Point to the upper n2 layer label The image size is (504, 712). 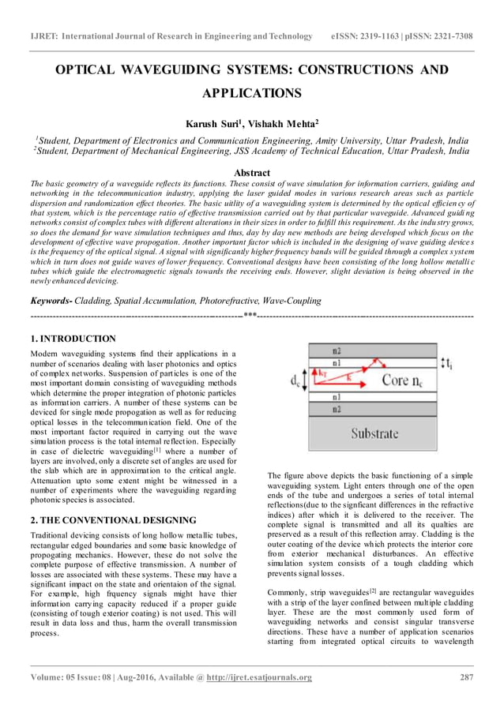(x=337, y=350)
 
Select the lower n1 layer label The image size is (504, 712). (x=337, y=398)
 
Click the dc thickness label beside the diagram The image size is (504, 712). (x=294, y=381)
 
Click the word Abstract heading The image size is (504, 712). (x=252, y=172)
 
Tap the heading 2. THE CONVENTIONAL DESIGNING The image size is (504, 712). (x=113, y=520)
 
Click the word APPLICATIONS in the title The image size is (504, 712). (x=251, y=94)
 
